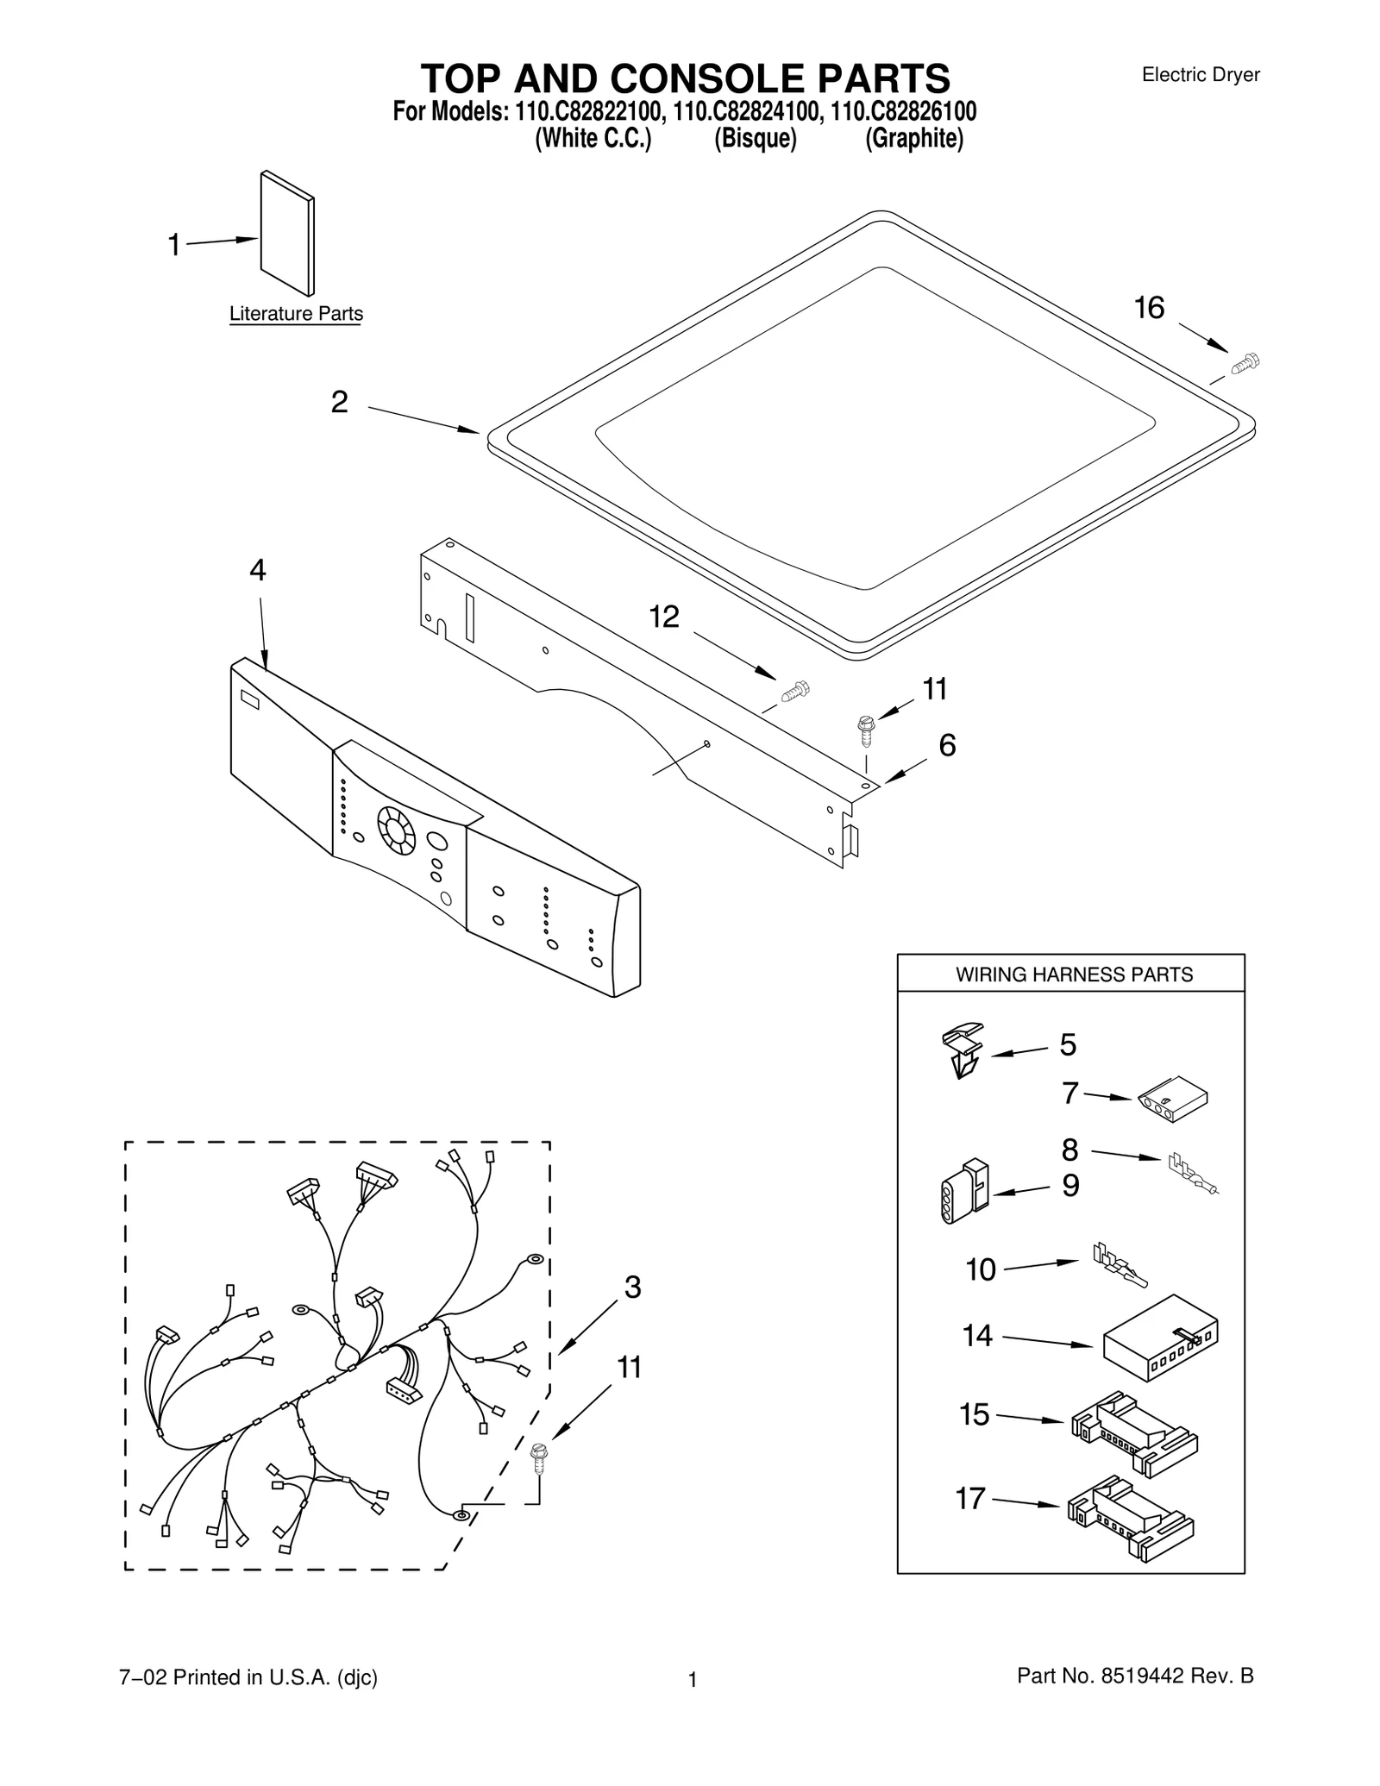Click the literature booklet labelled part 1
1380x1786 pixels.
pyautogui.click(x=287, y=233)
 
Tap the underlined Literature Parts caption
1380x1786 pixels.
pyautogui.click(x=296, y=314)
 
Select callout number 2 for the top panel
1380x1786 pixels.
pyautogui.click(x=340, y=402)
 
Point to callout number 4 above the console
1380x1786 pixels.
pyautogui.click(x=258, y=570)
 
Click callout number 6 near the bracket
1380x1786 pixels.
pyautogui.click(x=947, y=745)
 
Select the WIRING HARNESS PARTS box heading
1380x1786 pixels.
pyautogui.click(x=1074, y=974)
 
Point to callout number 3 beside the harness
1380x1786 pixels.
pyautogui.click(x=632, y=1288)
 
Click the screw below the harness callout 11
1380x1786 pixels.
pyautogui.click(x=540, y=1457)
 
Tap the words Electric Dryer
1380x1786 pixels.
pyautogui.click(x=1201, y=75)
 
